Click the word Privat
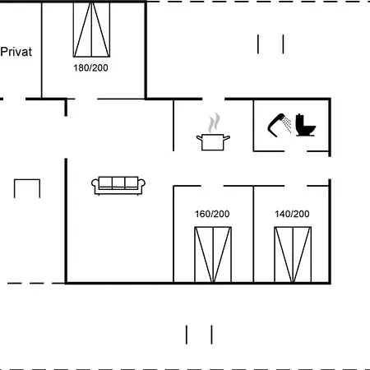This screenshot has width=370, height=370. click(x=16, y=52)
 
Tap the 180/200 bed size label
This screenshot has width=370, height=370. click(x=90, y=67)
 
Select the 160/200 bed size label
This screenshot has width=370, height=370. click(x=212, y=214)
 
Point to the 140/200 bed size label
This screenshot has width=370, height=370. click(x=292, y=214)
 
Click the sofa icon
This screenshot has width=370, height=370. click(x=118, y=186)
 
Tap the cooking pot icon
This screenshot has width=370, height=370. click(x=213, y=142)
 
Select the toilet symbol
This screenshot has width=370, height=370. click(x=305, y=125)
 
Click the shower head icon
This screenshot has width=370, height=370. click(x=276, y=125)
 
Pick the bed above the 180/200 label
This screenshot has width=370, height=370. click(x=91, y=30)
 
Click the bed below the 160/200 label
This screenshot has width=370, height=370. click(x=213, y=255)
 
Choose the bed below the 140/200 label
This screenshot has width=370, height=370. click(x=293, y=255)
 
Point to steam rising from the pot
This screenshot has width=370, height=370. click(x=214, y=123)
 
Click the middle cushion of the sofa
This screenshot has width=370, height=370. click(x=118, y=182)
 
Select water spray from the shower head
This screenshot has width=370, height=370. click(x=287, y=124)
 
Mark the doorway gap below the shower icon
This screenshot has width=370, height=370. click(x=295, y=151)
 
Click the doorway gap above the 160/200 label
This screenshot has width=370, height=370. click(x=212, y=186)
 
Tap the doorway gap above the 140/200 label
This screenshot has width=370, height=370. click(x=295, y=186)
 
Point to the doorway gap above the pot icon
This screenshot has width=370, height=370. click(x=214, y=99)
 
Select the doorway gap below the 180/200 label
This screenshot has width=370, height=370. click(x=86, y=99)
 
